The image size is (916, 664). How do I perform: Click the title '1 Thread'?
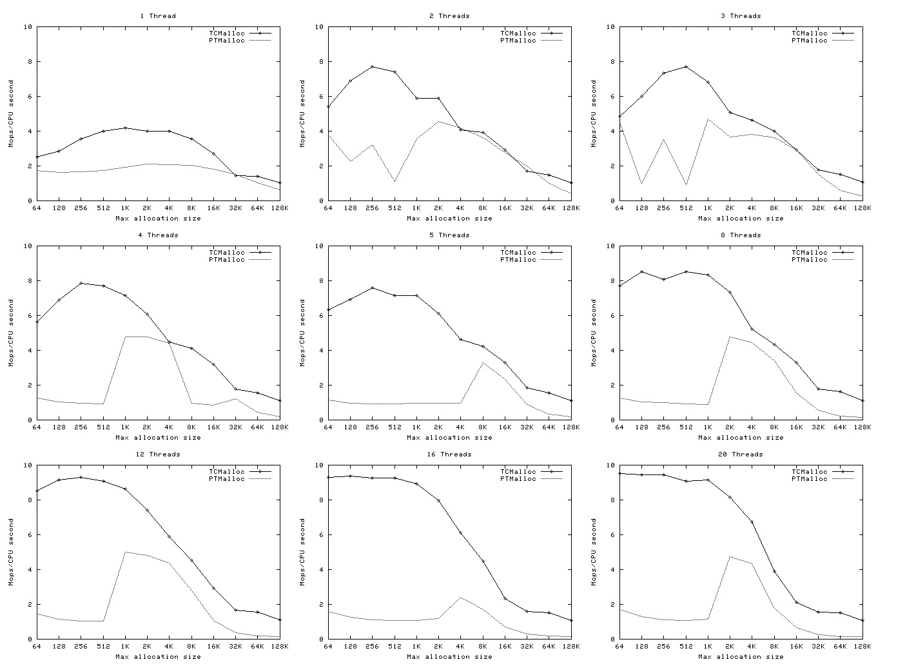pyautogui.click(x=158, y=15)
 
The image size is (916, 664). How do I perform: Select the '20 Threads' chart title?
pyautogui.click(x=741, y=454)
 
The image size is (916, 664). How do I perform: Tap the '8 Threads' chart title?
pyautogui.click(x=741, y=235)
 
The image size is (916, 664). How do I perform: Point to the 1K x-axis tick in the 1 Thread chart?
pyautogui.click(x=125, y=208)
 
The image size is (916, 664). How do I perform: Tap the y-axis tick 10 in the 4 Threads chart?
pyautogui.click(x=28, y=246)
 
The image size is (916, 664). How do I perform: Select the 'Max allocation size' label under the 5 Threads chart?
pyautogui.click(x=449, y=437)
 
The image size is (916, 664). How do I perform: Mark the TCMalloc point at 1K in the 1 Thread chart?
pyautogui.click(x=125, y=128)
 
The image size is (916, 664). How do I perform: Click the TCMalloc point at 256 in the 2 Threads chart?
pyautogui.click(x=372, y=66)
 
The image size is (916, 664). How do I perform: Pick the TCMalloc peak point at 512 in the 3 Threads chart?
pyautogui.click(x=686, y=66)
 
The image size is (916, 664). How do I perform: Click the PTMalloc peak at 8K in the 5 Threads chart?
pyautogui.click(x=483, y=362)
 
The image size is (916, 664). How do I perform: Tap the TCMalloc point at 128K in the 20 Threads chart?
pyautogui.click(x=862, y=620)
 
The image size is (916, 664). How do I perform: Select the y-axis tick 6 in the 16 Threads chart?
pyautogui.click(x=320, y=534)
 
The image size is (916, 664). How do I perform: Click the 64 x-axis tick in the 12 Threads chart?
pyautogui.click(x=36, y=646)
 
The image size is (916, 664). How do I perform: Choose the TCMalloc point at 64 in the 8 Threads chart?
pyautogui.click(x=619, y=286)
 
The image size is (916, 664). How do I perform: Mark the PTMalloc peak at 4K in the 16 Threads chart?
pyautogui.click(x=460, y=598)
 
